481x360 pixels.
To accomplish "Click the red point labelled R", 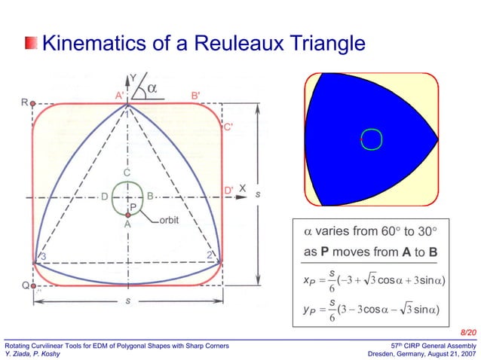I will (33, 103).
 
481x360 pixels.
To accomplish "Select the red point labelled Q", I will (33, 286).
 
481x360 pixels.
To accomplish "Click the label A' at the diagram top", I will (120, 96).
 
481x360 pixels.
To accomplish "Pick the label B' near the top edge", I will (195, 96).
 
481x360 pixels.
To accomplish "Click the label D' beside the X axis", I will (228, 190).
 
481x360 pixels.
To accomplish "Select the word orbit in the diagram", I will (169, 221).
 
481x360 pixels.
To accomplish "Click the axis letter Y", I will (134, 78).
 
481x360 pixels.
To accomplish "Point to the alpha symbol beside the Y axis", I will (152, 88).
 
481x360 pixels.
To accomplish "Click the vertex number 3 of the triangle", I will (43, 257).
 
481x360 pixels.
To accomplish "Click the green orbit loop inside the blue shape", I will (371, 139).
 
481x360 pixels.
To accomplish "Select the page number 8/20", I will (467, 332).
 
